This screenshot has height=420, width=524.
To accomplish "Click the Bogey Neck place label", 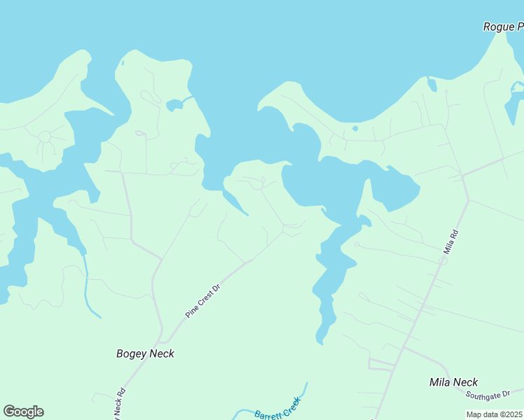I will pyautogui.click(x=145, y=353).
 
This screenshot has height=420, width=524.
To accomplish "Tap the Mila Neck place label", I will pyautogui.click(x=454, y=382).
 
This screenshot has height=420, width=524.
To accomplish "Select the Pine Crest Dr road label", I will pyautogui.click(x=203, y=302).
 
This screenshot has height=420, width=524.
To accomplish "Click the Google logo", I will pyautogui.click(x=23, y=412).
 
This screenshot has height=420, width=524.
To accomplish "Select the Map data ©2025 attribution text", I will pyautogui.click(x=495, y=414).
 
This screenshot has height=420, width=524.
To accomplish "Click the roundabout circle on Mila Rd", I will pyautogui.click(x=442, y=260).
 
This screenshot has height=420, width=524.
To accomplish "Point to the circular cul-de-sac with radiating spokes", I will pyautogui.click(x=46, y=136).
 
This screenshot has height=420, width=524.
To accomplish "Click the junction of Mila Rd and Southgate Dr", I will pyautogui.click(x=404, y=347).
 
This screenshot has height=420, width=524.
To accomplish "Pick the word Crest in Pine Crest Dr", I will pyautogui.click(x=204, y=301).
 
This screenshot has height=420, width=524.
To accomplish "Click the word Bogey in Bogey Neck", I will pyautogui.click(x=132, y=353).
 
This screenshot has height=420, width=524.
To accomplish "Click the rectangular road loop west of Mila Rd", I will pyautogui.click(x=381, y=365).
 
